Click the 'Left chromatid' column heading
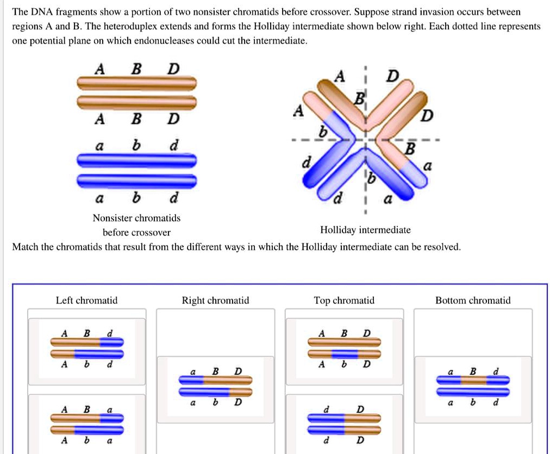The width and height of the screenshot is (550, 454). [x=86, y=300]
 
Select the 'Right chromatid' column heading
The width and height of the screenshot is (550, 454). [x=215, y=300]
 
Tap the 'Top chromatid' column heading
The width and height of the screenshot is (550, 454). [x=344, y=300]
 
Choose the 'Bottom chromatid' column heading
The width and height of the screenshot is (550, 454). [x=473, y=300]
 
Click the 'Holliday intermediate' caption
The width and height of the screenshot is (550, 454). [x=365, y=230]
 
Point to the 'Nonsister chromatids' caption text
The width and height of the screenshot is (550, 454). [x=136, y=218]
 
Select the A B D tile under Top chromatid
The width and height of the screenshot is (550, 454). [x=345, y=348]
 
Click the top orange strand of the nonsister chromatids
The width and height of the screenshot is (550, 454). [x=136, y=83]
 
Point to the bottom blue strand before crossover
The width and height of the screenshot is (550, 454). [x=136, y=180]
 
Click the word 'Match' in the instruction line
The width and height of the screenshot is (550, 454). [x=25, y=247]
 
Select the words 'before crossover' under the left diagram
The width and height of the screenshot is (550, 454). [x=136, y=233]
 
